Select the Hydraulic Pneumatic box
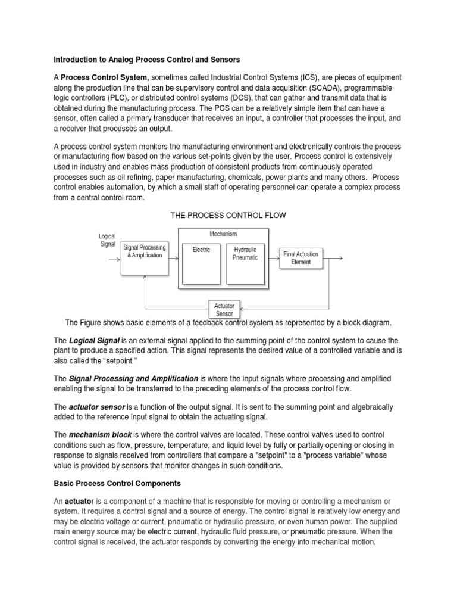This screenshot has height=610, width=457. tap(246, 262)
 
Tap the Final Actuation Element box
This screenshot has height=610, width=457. tap(301, 258)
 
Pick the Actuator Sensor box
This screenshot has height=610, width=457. tap(225, 309)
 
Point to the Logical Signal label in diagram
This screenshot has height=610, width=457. tap(108, 240)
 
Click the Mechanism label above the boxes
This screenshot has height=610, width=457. tap(223, 234)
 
